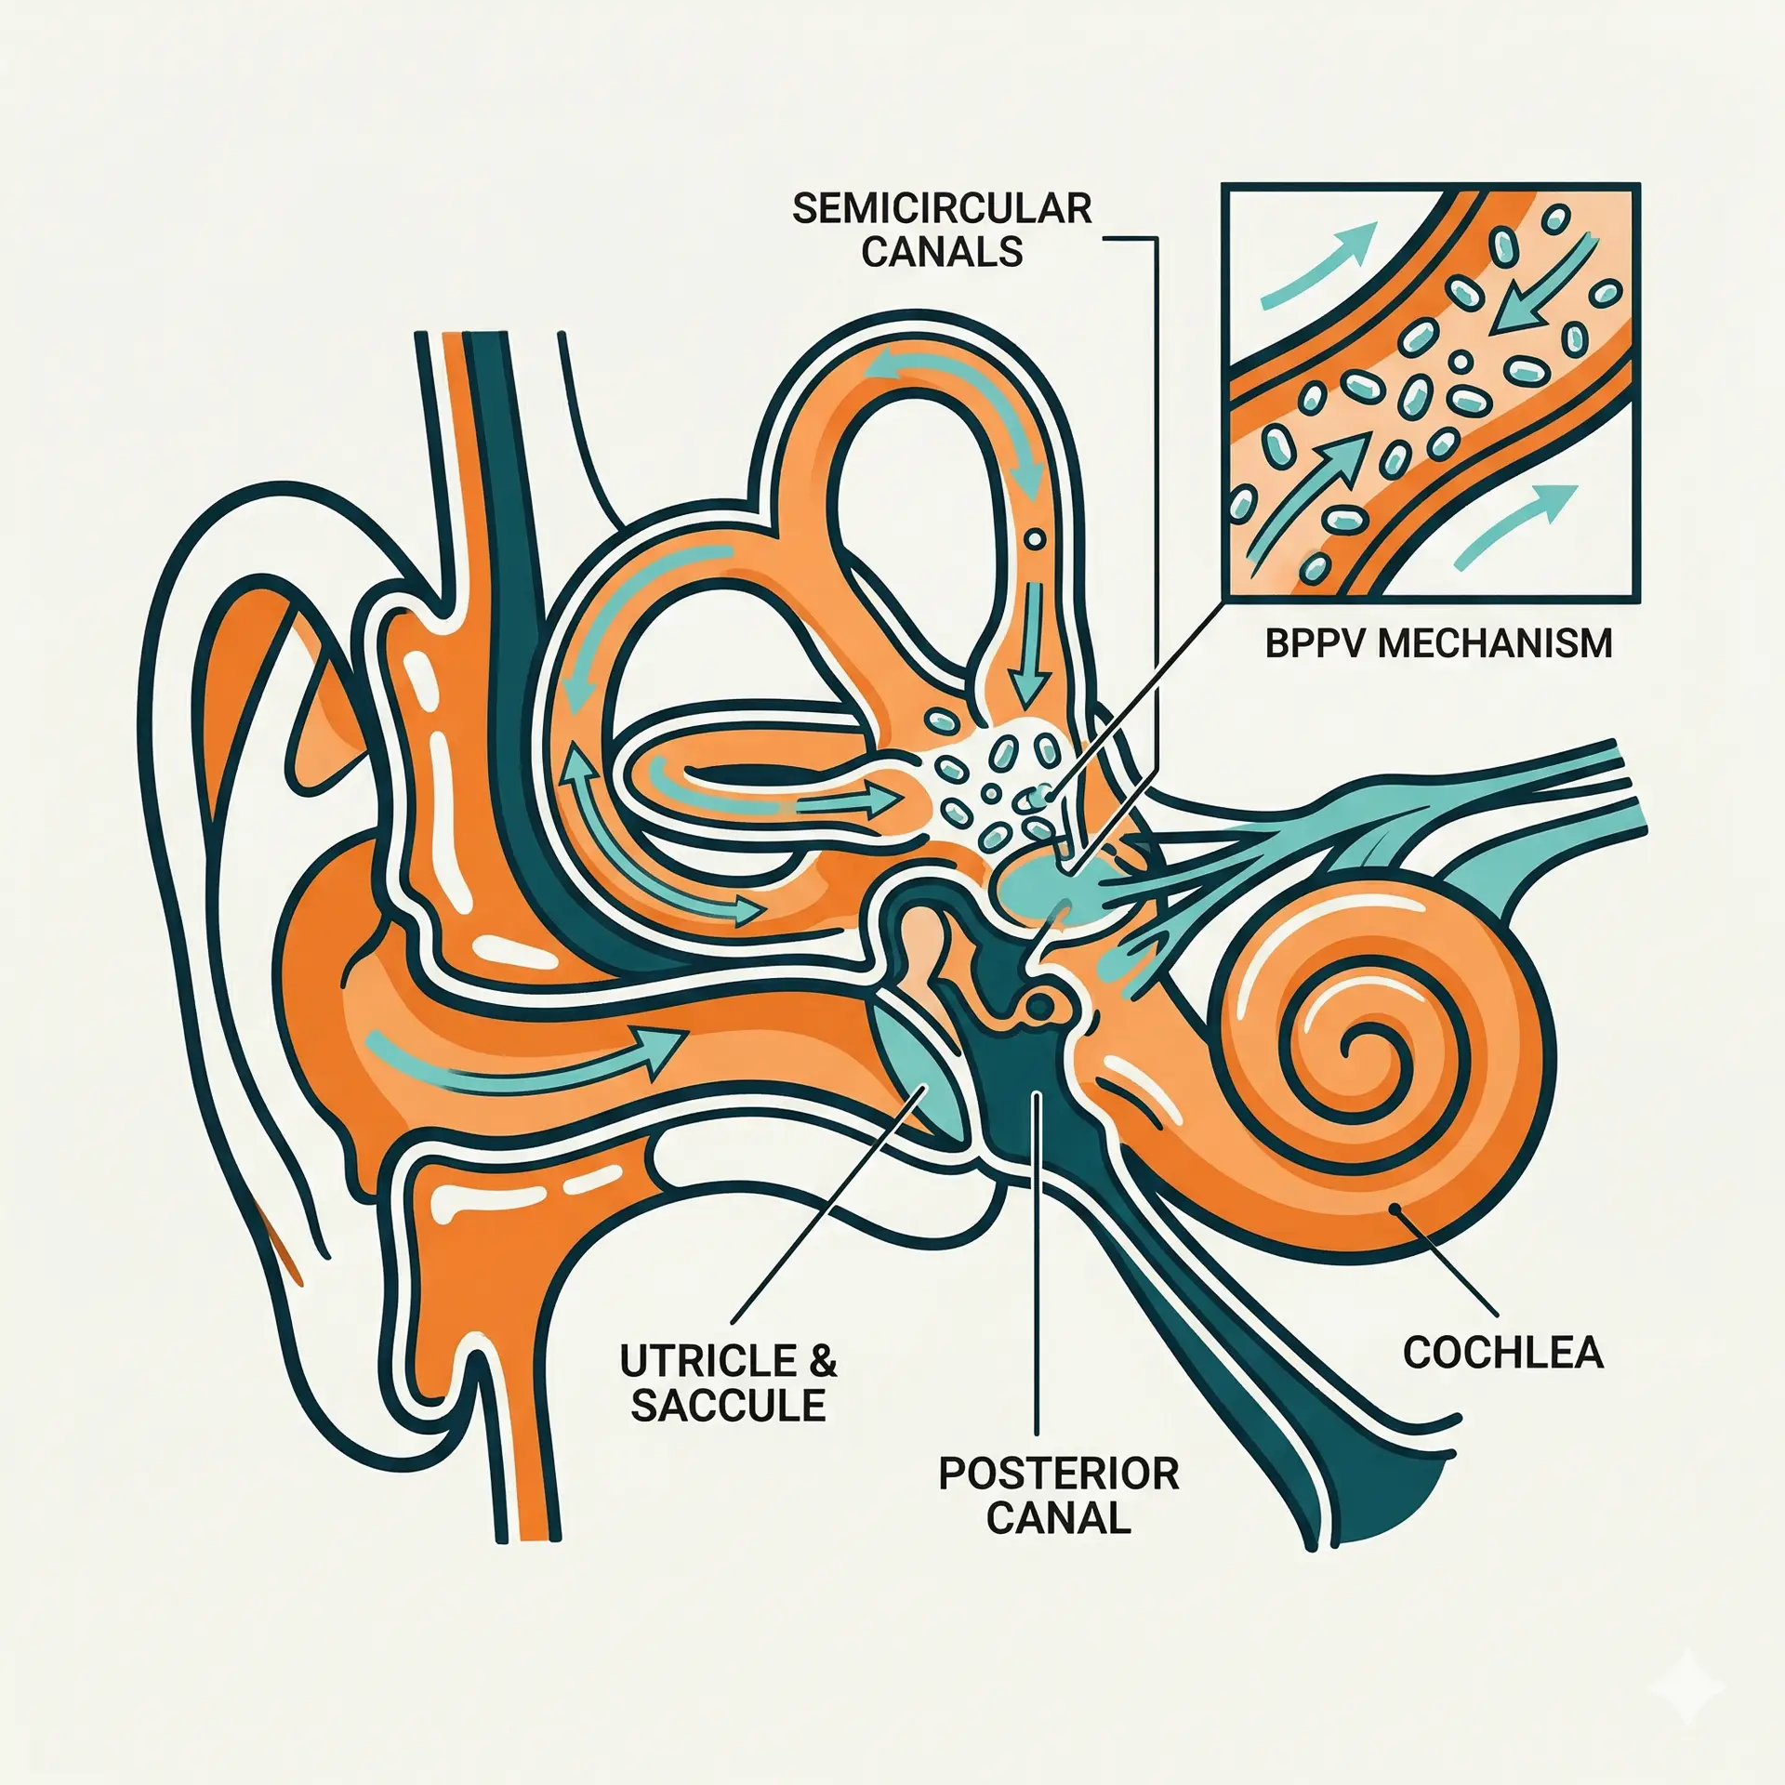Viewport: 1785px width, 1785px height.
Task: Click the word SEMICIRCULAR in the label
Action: (x=941, y=210)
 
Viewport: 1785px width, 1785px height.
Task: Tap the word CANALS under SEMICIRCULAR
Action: (x=941, y=253)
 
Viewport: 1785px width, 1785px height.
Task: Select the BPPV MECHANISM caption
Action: (x=1438, y=644)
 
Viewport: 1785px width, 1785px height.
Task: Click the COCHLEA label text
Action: (x=1503, y=1354)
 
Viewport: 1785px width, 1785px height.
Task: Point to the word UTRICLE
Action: (x=707, y=1362)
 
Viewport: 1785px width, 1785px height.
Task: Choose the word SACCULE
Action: (x=728, y=1406)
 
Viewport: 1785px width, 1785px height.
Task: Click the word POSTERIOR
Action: (x=1058, y=1474)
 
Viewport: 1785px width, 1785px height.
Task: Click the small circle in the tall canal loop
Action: (x=1034, y=538)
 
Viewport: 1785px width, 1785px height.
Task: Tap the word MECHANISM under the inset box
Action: (x=1494, y=644)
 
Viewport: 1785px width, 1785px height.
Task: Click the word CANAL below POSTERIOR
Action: (x=1058, y=1518)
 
